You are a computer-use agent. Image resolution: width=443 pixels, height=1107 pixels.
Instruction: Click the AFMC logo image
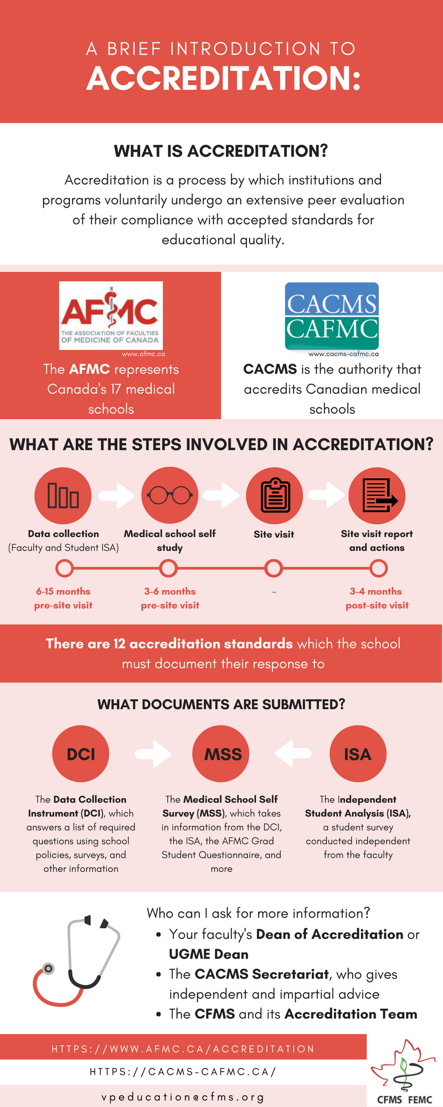tap(111, 315)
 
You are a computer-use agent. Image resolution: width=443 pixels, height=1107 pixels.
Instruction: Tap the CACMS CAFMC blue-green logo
tap(332, 317)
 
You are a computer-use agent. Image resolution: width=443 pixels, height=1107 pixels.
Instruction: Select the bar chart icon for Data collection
tap(63, 495)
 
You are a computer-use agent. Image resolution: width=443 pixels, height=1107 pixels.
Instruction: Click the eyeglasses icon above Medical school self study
tap(170, 495)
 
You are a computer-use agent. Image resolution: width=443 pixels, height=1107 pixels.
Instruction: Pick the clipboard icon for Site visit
tap(275, 495)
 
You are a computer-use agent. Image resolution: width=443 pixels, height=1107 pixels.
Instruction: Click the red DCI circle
tap(81, 754)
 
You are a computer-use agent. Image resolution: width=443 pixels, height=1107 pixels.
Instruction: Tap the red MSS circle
tap(221, 754)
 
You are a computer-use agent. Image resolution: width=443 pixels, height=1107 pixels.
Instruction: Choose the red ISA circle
tap(358, 754)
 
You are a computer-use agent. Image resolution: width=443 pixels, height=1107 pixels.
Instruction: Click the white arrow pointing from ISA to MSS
tap(292, 753)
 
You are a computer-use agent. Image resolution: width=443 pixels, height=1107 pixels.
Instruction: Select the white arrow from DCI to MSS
tap(153, 753)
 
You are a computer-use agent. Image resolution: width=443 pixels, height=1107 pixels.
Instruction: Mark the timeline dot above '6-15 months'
tap(65, 568)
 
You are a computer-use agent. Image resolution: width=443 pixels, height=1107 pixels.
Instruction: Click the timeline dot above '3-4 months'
tap(379, 568)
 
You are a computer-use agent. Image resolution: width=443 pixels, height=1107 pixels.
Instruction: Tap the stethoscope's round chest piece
tap(49, 968)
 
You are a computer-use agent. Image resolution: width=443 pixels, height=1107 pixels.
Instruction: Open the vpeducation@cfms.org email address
tap(183, 1097)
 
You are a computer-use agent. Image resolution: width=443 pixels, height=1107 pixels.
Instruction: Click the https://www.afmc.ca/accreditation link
tap(183, 1049)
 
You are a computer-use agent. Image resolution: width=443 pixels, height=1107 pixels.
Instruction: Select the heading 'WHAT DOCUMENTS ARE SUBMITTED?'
tap(221, 704)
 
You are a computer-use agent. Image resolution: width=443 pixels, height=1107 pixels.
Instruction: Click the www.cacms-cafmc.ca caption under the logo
tap(343, 354)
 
